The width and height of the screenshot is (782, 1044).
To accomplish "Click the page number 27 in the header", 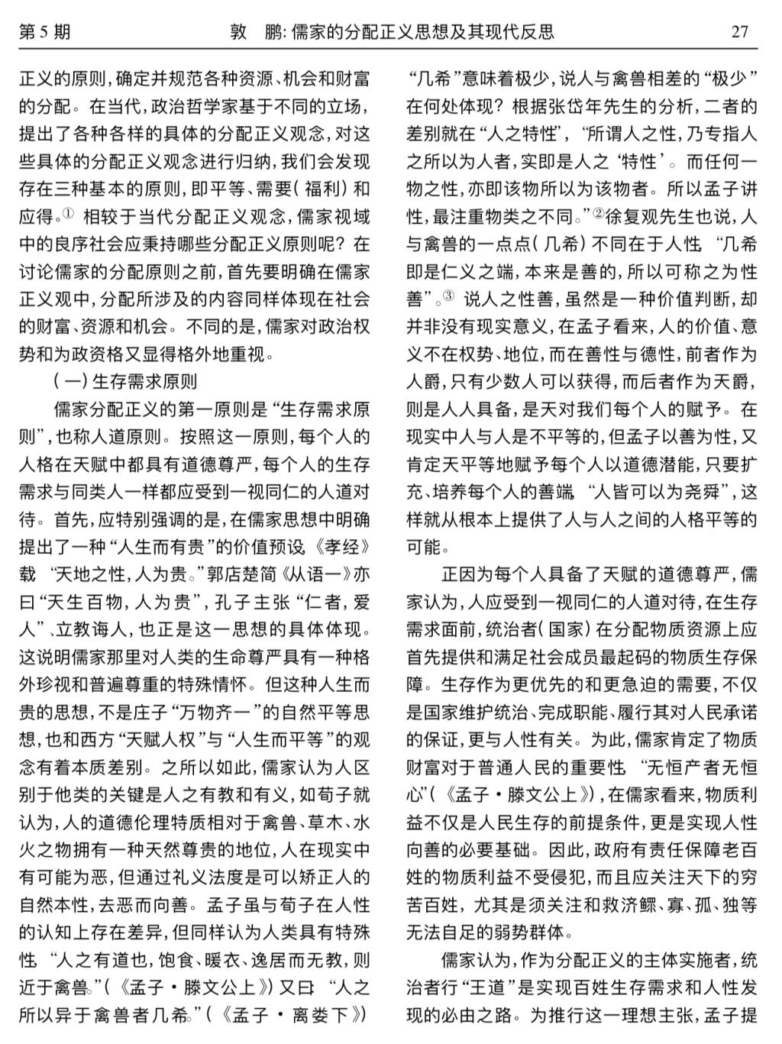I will [x=739, y=31].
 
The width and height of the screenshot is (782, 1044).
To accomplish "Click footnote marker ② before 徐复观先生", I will [x=598, y=215].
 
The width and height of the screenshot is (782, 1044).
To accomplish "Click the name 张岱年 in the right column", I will [x=588, y=106].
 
